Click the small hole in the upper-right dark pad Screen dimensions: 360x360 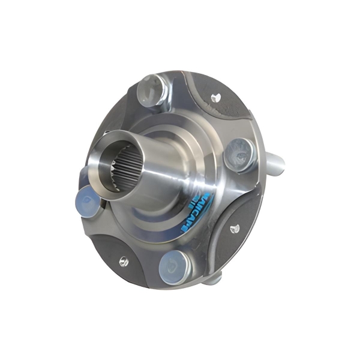coord(217,95)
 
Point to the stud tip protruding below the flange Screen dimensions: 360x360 coord(217,277)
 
